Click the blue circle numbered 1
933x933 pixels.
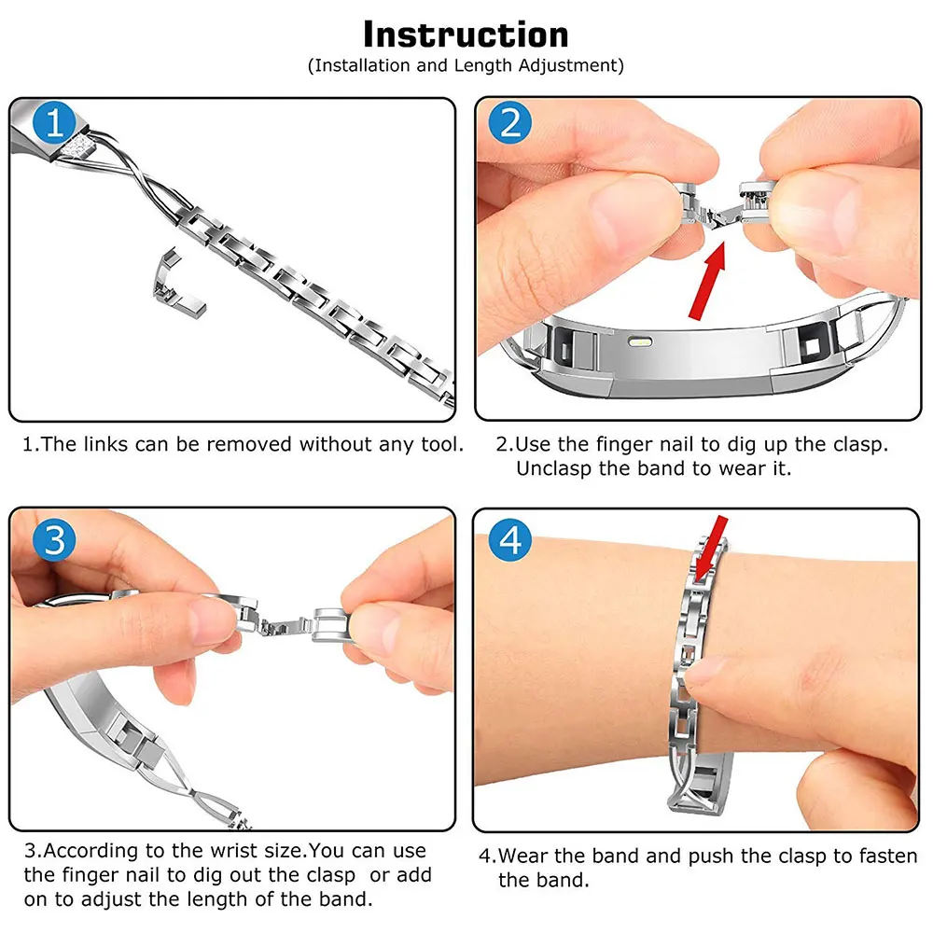tap(54, 122)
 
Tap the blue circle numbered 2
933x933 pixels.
tap(509, 122)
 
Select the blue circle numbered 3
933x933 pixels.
tap(54, 539)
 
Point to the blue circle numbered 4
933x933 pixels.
tap(509, 539)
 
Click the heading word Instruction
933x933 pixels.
tap(466, 35)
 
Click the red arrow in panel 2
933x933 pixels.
tap(708, 280)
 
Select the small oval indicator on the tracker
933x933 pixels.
tap(640, 342)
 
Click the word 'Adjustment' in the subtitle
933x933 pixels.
tap(568, 66)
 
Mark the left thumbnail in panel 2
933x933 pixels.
tap(621, 210)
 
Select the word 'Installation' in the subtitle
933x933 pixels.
tap(362, 65)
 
